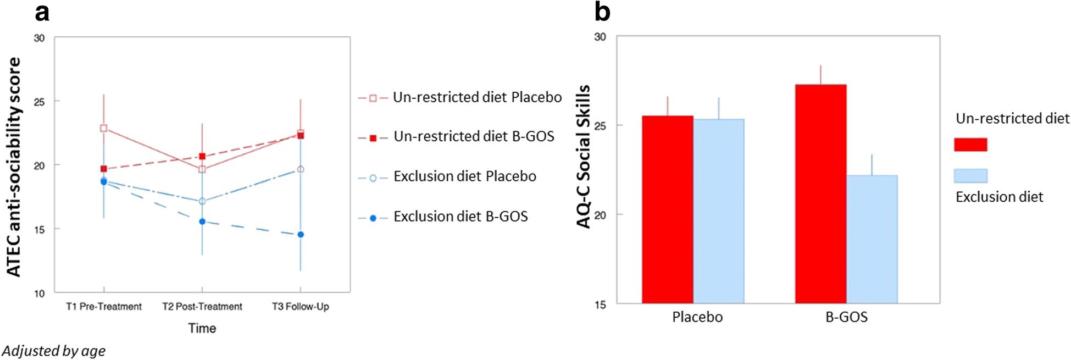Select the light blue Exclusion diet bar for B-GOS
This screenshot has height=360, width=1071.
(x=872, y=239)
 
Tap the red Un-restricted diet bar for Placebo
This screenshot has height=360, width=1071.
(x=668, y=209)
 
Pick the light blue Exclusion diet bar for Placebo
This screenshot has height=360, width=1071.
(x=719, y=211)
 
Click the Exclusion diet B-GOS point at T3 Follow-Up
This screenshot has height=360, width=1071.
(x=301, y=235)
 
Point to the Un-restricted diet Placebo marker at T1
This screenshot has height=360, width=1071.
(x=103, y=128)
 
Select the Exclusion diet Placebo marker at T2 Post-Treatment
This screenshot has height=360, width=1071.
(x=202, y=201)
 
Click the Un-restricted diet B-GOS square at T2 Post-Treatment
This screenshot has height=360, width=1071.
(x=202, y=156)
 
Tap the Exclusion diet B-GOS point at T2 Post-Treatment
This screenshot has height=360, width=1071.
(x=202, y=221)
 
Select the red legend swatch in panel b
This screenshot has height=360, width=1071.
(x=970, y=145)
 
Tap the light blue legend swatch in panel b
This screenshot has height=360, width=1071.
(x=970, y=176)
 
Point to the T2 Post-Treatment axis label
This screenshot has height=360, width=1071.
(x=202, y=307)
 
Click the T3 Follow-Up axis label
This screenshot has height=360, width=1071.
(x=301, y=307)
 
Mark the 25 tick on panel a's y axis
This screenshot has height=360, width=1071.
(x=39, y=102)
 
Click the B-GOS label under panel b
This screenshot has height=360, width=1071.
(x=846, y=317)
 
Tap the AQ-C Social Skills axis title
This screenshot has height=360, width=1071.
(x=584, y=157)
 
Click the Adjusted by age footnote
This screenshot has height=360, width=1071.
(x=53, y=351)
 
